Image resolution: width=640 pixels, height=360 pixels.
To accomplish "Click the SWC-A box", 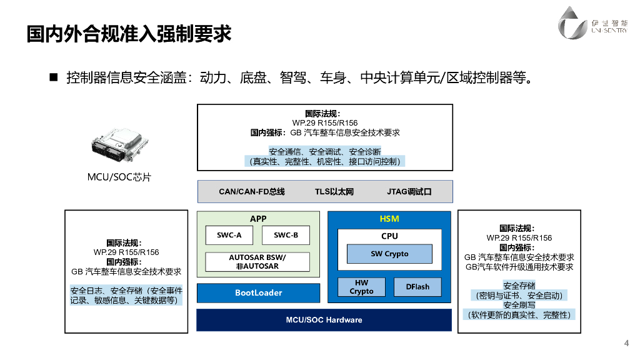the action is [229, 235].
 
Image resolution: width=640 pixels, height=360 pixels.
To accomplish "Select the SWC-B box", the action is [286, 235].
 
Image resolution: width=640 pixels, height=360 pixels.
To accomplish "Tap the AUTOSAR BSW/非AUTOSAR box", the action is [257, 262].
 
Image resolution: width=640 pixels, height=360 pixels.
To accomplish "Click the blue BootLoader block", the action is [258, 292].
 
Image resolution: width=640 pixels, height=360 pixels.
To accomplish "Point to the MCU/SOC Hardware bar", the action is [324, 320].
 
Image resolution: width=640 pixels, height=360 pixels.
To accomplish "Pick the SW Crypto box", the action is [389, 254].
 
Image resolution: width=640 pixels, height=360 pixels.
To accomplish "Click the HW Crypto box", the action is [361, 287].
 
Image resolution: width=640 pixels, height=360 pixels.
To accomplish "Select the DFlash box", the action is [417, 287].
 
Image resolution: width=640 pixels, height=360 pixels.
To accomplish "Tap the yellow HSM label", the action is [389, 219].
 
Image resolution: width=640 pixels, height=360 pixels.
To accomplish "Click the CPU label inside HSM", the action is [389, 236].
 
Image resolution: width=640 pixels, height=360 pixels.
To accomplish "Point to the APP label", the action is [258, 219].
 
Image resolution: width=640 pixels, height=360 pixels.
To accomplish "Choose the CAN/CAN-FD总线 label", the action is [252, 191].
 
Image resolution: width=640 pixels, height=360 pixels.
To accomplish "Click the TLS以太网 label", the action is [334, 191].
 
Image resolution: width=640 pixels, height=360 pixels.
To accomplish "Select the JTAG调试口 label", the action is [409, 191].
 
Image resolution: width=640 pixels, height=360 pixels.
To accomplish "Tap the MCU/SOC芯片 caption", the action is [119, 177].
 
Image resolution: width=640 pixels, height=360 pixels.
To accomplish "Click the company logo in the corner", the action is [592, 23].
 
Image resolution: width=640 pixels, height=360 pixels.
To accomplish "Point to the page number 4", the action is [626, 343].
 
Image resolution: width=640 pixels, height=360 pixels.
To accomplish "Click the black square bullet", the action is [54, 77].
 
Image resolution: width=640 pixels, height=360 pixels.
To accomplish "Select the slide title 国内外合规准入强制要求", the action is [129, 34].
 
